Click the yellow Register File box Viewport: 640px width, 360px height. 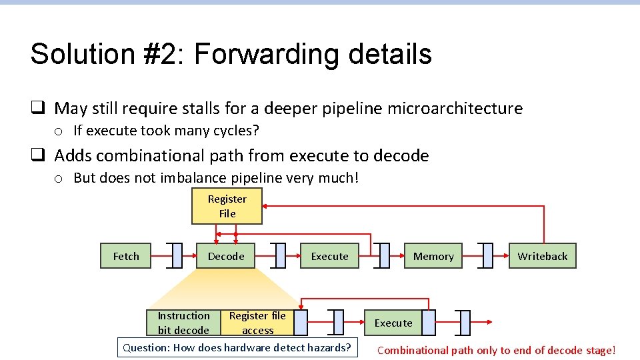pos(227,206)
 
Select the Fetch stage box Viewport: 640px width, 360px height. pos(126,256)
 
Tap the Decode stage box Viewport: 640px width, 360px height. pos(226,256)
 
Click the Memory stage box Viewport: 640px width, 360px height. pos(433,256)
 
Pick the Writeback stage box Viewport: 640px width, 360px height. pos(542,256)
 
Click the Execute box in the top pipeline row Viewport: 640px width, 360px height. pos(329,256)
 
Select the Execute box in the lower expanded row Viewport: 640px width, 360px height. pos(393,323)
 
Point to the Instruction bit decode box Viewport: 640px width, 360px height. pos(183,323)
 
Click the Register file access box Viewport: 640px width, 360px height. pos(257,323)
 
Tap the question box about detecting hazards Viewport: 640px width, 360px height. pos(237,347)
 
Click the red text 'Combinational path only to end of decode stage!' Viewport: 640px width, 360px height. pos(496,350)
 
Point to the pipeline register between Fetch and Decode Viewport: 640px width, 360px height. pos(177,255)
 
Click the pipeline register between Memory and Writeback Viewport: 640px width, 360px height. pos(488,255)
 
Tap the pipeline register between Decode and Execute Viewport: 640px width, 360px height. pos(280,255)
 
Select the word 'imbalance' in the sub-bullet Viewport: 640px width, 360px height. pos(191,178)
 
